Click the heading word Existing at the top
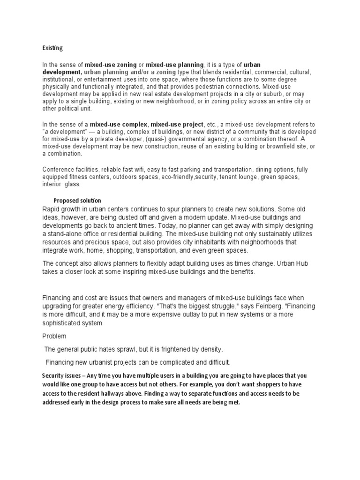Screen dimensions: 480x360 click(52, 48)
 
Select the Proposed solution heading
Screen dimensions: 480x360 click(77, 201)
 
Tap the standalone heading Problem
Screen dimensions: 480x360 click(54, 336)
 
